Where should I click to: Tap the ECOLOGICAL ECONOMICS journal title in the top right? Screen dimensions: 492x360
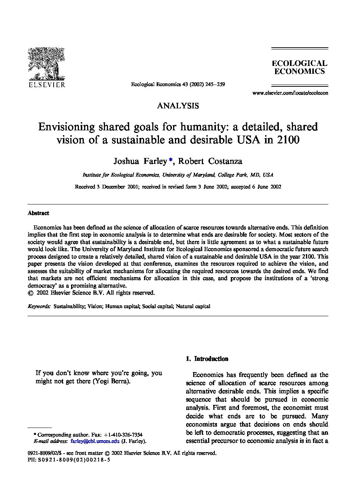pos(299,67)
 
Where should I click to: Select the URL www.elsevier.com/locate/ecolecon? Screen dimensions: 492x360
pos(290,93)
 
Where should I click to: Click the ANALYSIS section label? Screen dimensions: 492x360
pos(178,106)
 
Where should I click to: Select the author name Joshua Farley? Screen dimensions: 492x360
pos(140,161)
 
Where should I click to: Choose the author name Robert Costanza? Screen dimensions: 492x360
pos(210,161)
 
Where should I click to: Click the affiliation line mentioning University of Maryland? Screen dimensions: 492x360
pos(178,175)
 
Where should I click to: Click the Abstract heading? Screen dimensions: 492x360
pos(38,213)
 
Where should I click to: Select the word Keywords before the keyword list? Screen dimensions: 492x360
pos(39,307)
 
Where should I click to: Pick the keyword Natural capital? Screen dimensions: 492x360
pos(193,307)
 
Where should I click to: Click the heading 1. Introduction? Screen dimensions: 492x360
pos(207,359)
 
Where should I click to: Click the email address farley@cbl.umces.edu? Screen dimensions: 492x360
pos(95,441)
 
